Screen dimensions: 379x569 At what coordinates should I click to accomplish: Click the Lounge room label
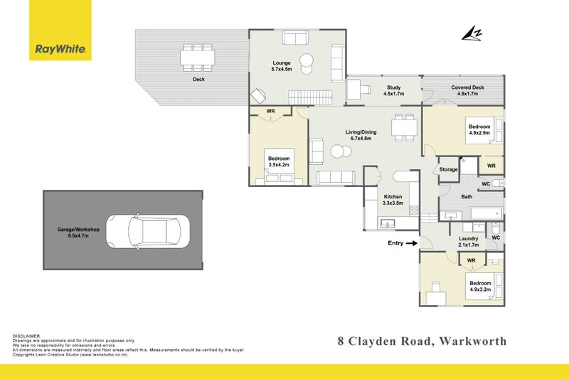point(282,66)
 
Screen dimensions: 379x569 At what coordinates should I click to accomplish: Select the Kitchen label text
point(393,200)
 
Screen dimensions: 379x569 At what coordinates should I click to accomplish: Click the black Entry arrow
point(410,243)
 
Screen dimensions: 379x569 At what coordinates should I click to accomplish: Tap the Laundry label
point(469,242)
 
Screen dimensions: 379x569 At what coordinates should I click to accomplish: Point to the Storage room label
point(448,169)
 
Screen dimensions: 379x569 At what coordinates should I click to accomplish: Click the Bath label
point(467,197)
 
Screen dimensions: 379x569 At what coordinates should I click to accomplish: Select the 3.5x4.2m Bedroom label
point(278,161)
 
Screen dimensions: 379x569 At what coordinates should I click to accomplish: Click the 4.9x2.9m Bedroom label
point(479,130)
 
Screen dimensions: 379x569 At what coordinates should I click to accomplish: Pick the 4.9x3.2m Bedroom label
point(480,287)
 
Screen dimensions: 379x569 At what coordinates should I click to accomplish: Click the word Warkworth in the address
point(472,341)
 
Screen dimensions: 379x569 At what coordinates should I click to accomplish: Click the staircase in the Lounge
point(310,96)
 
